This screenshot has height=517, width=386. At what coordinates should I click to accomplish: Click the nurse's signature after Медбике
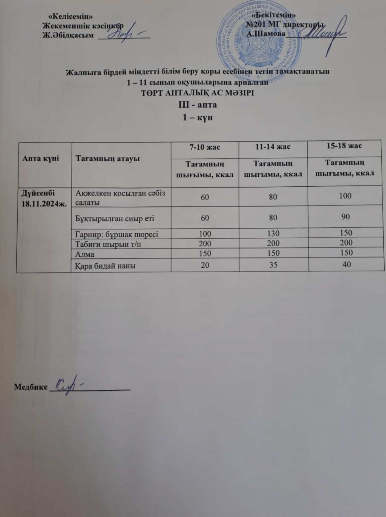[68, 386]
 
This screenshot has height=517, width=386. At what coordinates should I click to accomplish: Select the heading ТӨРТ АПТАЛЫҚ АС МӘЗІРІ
[198, 93]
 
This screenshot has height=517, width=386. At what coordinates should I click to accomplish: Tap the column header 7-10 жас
[205, 147]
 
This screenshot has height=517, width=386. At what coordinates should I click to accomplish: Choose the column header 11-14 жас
[273, 147]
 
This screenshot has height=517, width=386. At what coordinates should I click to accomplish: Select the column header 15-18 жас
[345, 146]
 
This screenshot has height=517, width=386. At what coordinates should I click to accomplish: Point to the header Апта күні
[40, 158]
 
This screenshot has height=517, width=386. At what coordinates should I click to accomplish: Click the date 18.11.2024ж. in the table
[44, 203]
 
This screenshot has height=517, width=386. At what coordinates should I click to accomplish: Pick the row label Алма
[85, 254]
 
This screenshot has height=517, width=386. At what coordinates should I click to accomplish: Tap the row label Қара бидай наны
[105, 265]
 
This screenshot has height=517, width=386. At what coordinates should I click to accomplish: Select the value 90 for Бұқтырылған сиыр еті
[346, 217]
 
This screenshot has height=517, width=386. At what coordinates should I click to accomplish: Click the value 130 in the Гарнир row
[273, 234]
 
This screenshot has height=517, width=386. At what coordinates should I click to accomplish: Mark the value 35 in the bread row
[273, 265]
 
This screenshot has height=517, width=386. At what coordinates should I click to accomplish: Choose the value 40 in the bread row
[346, 264]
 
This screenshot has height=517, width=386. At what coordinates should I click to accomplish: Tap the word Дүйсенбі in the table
[38, 193]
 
